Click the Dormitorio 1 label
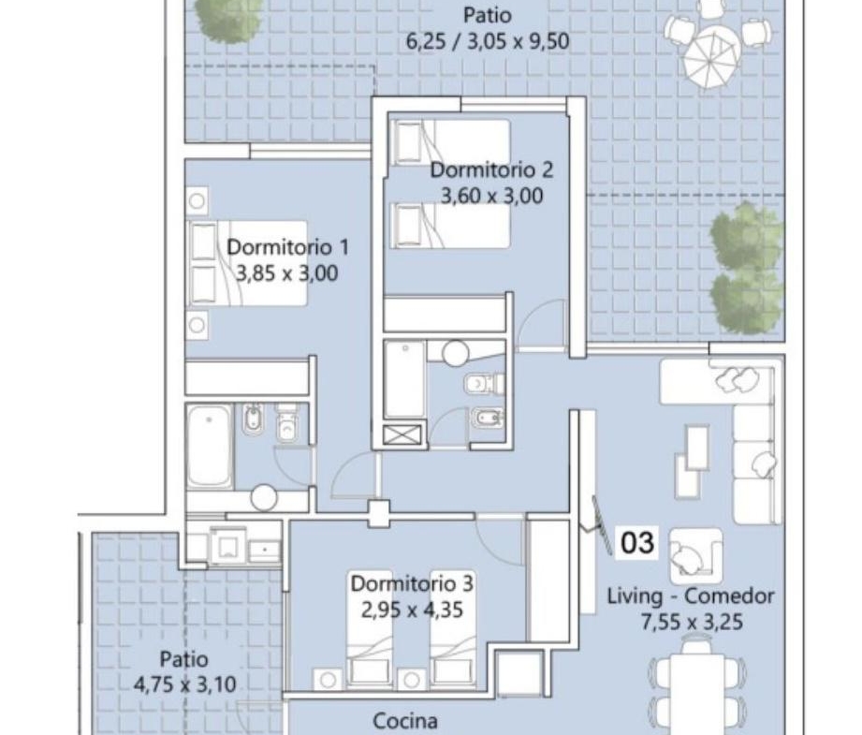pos(287,247)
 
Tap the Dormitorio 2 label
pos(491,169)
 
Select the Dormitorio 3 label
pos(412,583)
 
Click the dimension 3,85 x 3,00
pos(287,272)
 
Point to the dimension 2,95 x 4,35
pos(412,610)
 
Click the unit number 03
pos(637,542)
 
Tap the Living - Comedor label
pos(691,595)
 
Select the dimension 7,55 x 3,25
pos(692,622)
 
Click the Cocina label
pos(405,720)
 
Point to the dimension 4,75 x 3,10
pos(184,684)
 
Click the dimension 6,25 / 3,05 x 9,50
pos(488,41)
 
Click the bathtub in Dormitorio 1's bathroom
pos(210,447)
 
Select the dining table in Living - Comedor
pos(696,686)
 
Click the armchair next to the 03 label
pos(696,555)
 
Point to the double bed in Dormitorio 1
pos(247,263)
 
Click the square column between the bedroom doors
pos(379,513)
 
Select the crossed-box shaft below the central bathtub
pos(402,434)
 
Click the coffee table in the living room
pos(696,447)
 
